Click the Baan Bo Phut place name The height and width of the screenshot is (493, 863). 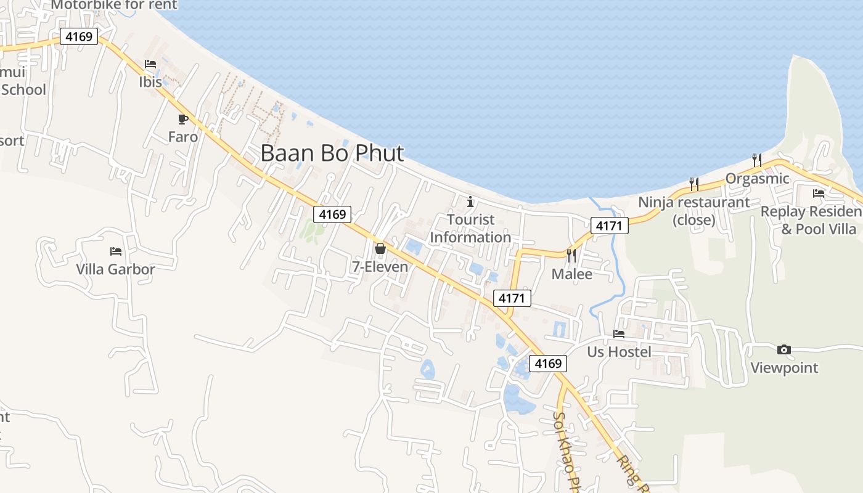point(332,153)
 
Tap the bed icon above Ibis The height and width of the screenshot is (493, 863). point(150,64)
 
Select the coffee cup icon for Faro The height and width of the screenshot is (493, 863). point(182,119)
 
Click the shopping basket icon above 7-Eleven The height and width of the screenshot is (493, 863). point(380,249)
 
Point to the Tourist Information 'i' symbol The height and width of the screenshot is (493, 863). point(470,202)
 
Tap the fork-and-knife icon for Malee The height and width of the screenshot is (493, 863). point(571,255)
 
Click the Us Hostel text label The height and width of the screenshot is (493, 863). point(619,352)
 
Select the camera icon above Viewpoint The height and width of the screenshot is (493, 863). point(783,350)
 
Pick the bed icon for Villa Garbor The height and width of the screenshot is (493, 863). point(115,251)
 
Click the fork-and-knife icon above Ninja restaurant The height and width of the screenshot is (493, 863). point(693,184)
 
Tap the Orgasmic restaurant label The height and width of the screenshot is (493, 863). point(757,179)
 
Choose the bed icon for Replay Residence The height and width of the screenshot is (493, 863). point(819,194)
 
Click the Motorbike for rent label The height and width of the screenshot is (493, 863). point(114,5)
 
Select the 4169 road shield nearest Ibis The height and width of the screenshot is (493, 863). point(79,37)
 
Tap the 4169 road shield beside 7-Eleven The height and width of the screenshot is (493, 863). point(332,214)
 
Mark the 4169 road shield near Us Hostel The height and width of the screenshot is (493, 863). point(548,364)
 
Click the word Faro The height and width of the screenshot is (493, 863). point(183,137)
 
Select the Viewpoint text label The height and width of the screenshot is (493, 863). point(784,368)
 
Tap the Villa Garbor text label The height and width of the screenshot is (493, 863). point(115,269)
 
